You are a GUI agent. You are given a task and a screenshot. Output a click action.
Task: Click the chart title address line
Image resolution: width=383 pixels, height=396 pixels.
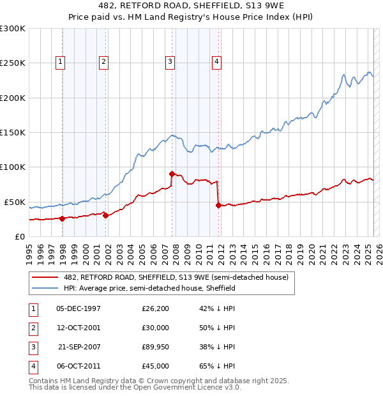tap(191, 6)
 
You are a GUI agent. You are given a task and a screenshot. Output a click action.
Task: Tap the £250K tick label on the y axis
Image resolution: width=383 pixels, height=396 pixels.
tap(13, 63)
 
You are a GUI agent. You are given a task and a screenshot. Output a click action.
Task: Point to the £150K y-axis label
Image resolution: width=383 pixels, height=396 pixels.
tap(13, 132)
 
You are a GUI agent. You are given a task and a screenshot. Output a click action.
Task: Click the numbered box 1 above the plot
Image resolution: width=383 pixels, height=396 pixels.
tap(60, 62)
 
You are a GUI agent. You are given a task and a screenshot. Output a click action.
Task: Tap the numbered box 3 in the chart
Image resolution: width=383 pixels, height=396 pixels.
tap(170, 62)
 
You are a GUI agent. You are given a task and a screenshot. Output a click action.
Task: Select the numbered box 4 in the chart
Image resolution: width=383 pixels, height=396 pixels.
tap(217, 62)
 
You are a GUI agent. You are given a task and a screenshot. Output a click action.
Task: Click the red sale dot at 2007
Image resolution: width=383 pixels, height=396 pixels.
tap(172, 174)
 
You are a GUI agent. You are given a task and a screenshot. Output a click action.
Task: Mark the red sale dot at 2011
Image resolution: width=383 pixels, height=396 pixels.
tap(218, 205)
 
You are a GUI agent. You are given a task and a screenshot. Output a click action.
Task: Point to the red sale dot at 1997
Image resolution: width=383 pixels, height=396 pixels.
tap(62, 218)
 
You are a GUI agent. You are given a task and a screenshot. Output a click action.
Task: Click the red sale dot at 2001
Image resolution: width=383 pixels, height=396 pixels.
tap(105, 215)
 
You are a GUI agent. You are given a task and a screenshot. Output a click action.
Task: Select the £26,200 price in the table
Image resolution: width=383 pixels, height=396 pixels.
tap(156, 308)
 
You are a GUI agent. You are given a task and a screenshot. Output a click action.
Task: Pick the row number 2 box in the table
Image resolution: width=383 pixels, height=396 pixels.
tap(32, 328)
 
